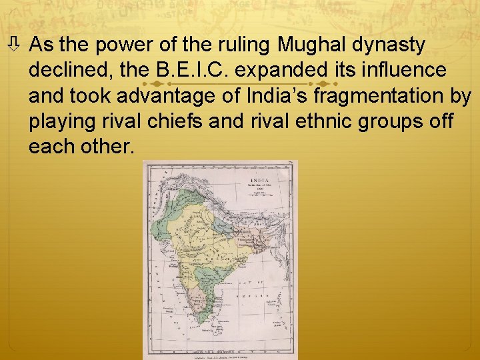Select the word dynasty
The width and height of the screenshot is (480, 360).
(x=390, y=45)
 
